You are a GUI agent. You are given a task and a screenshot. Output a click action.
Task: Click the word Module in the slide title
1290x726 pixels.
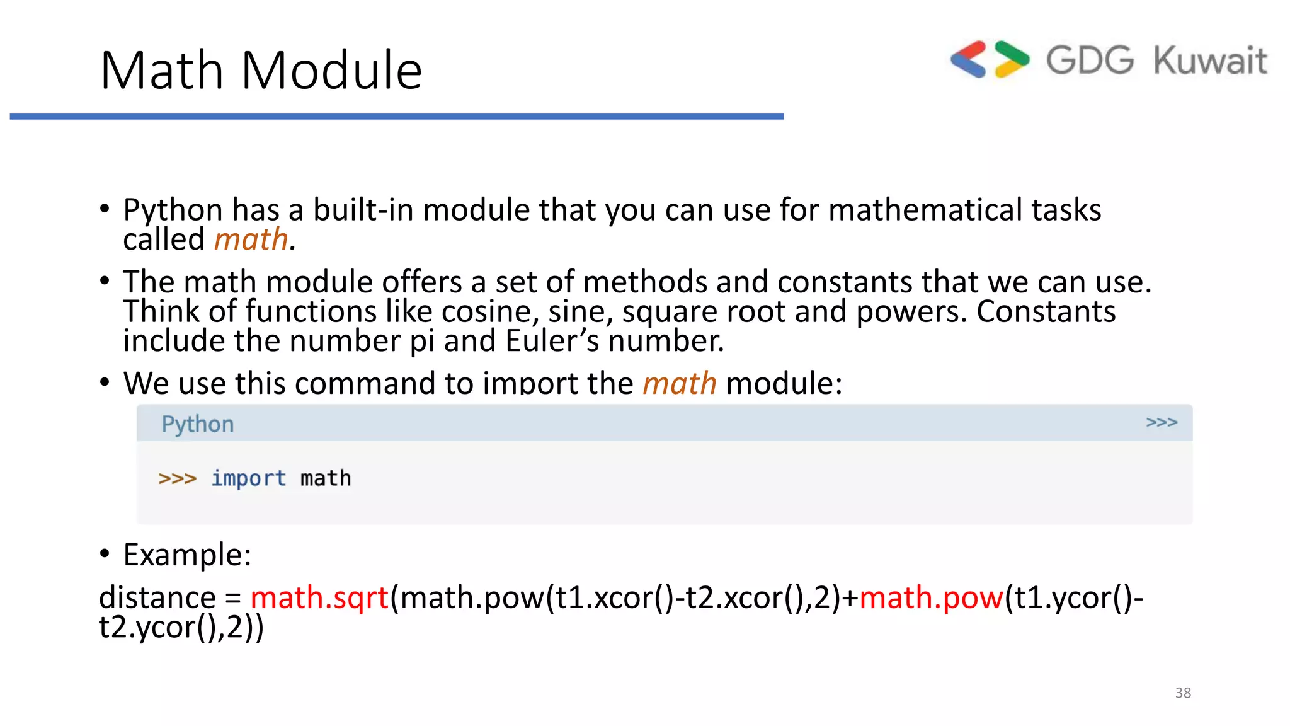point(331,71)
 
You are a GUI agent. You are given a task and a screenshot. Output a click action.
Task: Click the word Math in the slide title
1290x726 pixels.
point(162,71)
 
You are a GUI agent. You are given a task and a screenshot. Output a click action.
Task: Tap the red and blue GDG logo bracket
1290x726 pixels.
point(968,60)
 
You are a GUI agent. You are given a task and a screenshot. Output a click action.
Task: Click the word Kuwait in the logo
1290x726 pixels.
point(1209,61)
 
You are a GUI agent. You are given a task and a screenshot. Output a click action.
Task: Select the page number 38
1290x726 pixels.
point(1182,693)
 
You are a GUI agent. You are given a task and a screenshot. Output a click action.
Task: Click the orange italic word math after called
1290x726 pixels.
point(251,239)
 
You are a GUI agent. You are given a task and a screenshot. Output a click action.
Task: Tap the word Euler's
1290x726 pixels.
point(552,341)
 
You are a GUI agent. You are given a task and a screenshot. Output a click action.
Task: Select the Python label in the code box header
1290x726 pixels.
point(197,424)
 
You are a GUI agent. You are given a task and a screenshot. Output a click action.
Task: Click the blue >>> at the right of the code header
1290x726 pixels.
point(1161,422)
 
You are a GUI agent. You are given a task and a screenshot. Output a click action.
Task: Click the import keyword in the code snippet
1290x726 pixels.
point(248,478)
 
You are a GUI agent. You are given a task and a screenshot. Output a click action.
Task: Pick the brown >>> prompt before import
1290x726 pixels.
point(177,478)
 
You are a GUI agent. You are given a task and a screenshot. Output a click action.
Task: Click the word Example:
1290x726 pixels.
point(187,555)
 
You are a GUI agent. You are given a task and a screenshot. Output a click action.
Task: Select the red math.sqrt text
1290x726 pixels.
point(319,597)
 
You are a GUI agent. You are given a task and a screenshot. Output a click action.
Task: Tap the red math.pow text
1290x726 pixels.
point(930,597)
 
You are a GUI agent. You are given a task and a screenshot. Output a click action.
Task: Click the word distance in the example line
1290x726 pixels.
point(157,597)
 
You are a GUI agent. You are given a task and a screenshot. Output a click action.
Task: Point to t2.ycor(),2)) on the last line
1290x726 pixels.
point(181,628)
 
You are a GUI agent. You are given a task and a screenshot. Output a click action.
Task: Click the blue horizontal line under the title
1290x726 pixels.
point(397,117)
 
